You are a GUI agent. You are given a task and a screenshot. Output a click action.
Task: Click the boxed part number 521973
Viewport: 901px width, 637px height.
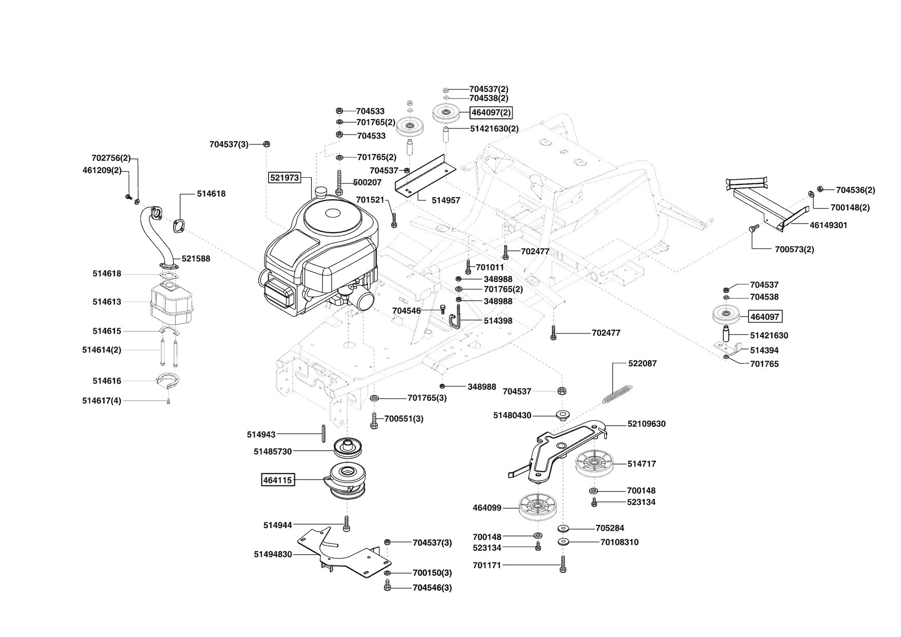click(x=284, y=178)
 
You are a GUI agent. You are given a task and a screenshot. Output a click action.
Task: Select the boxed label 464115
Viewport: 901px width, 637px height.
click(x=277, y=480)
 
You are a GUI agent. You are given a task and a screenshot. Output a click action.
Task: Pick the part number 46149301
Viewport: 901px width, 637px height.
click(x=828, y=225)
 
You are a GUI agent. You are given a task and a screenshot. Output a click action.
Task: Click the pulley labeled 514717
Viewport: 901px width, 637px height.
click(x=593, y=464)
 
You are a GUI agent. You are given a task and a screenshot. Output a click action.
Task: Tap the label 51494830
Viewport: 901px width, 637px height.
click(x=273, y=554)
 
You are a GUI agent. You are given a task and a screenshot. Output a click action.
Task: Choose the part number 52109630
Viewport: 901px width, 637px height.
click(x=646, y=424)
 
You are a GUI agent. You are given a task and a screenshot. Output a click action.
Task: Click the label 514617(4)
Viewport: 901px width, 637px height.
click(x=102, y=401)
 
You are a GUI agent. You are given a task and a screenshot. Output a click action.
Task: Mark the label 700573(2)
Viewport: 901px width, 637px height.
click(x=794, y=250)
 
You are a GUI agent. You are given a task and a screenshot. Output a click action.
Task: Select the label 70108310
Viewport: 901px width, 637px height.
click(x=619, y=542)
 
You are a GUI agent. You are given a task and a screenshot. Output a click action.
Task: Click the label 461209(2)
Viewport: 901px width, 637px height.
click(x=102, y=170)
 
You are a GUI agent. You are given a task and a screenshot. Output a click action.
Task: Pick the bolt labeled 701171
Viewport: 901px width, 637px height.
click(x=563, y=565)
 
